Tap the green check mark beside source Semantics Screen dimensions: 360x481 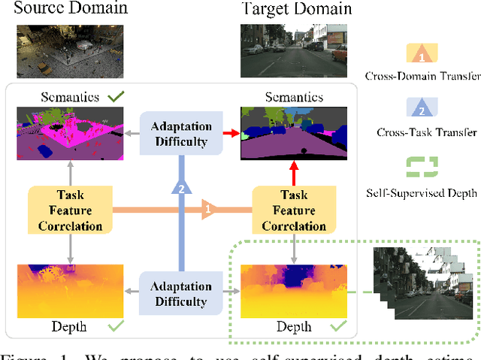116,97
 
